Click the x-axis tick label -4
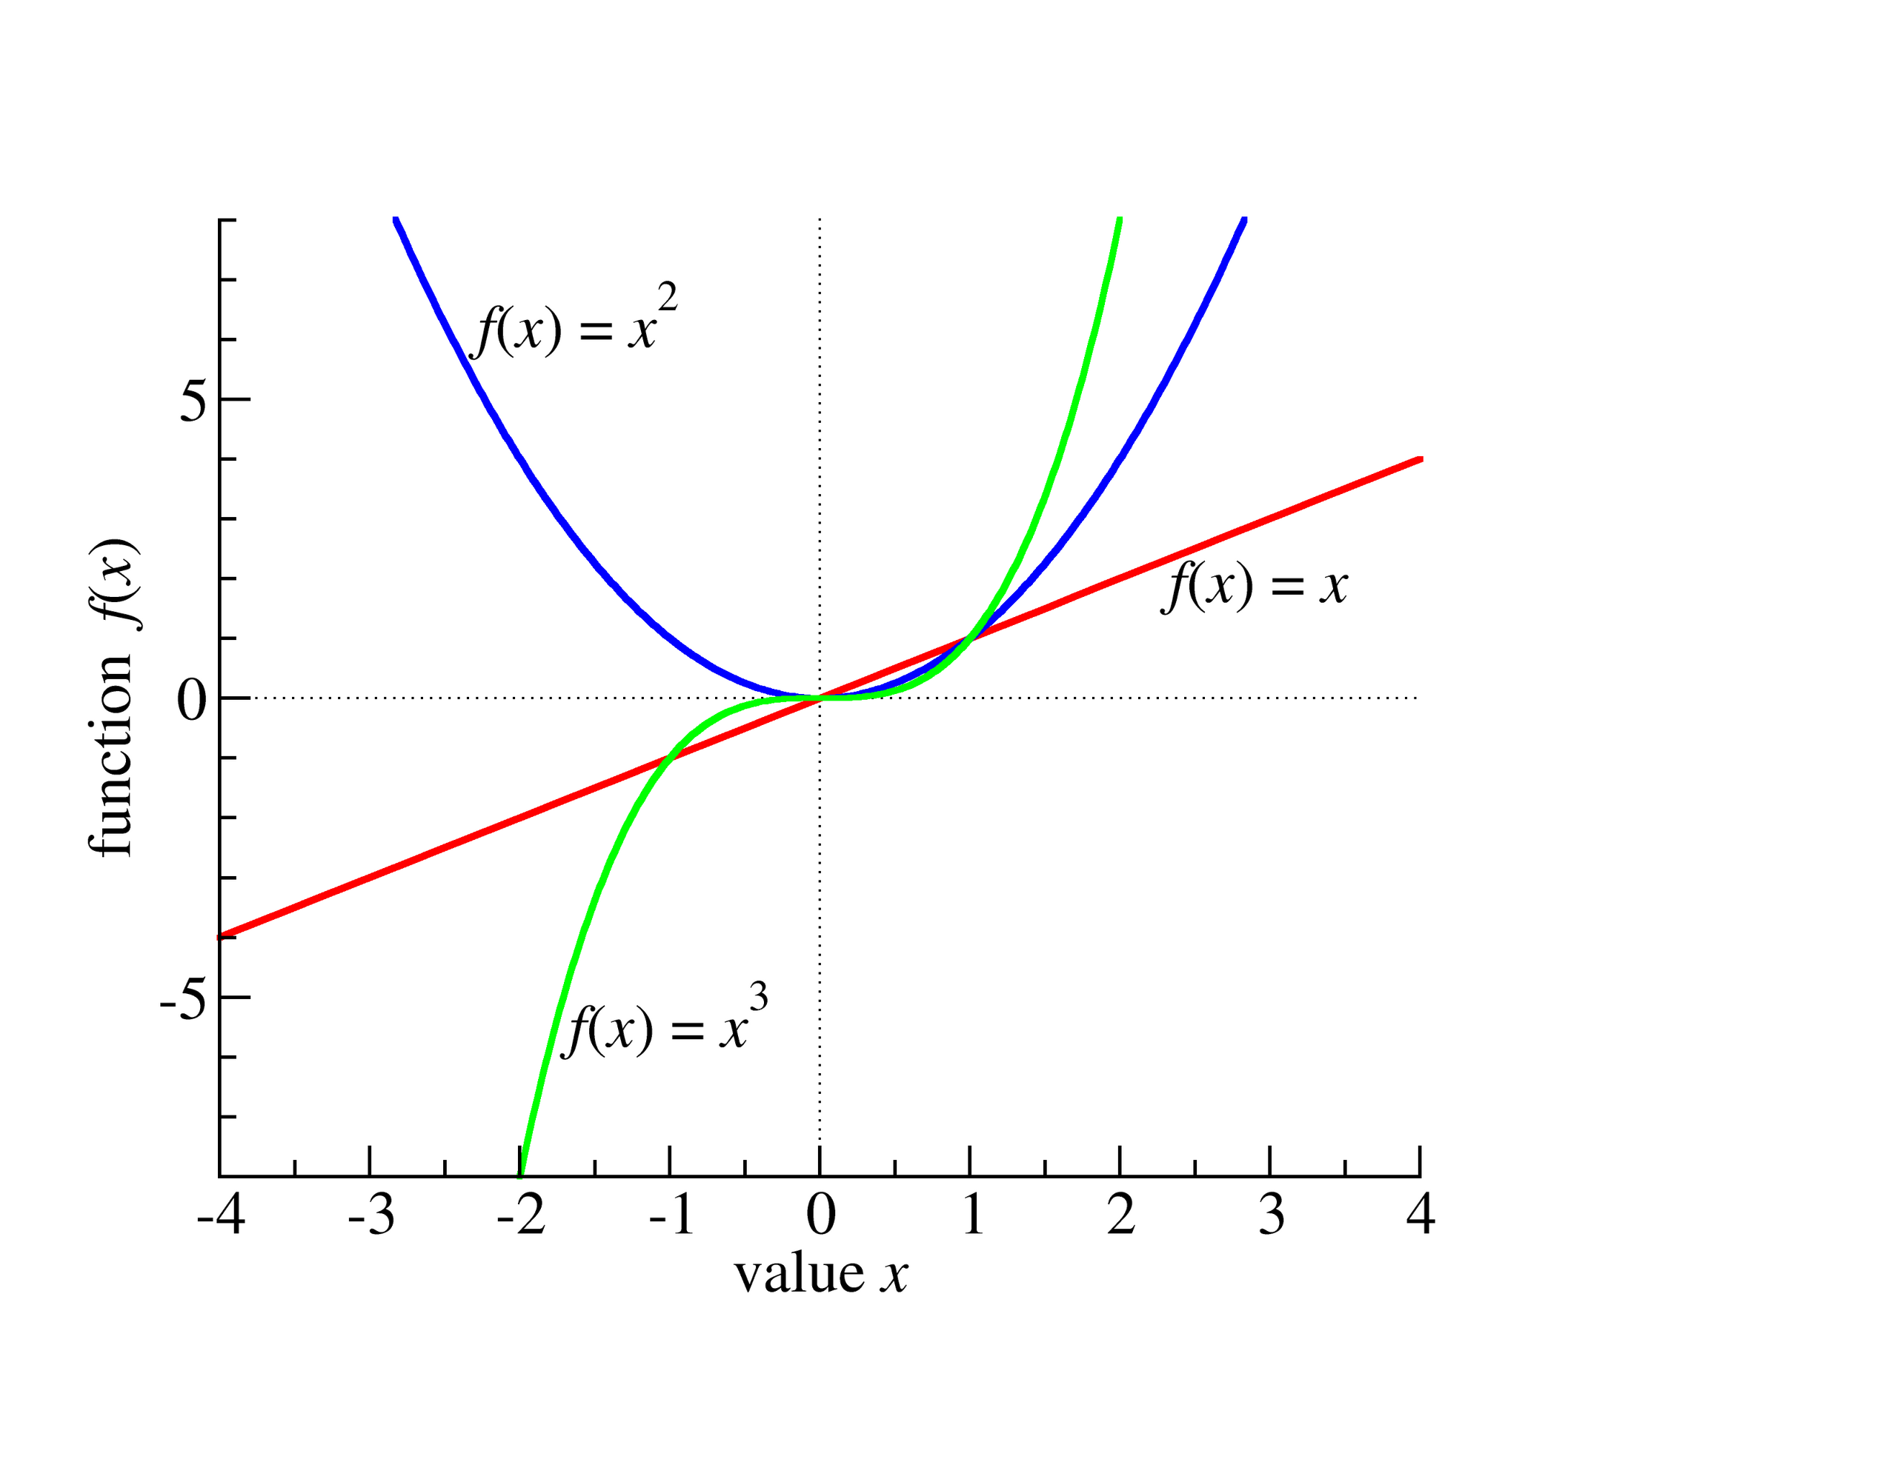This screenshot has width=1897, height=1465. pos(222,1213)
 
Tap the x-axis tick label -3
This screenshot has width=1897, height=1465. pos(373,1213)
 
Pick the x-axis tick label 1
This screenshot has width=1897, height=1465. pos(973,1213)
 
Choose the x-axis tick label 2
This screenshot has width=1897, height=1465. pos(1121,1213)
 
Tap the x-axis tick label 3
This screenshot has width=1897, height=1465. pos(1272,1213)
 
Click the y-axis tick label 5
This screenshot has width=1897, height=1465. pos(193,401)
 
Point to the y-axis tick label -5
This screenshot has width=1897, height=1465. pos(184,998)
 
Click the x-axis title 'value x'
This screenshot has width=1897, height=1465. pos(822,1275)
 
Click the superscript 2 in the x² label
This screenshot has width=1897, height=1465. pos(667,296)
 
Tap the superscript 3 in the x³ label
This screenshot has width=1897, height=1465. pos(758,996)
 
